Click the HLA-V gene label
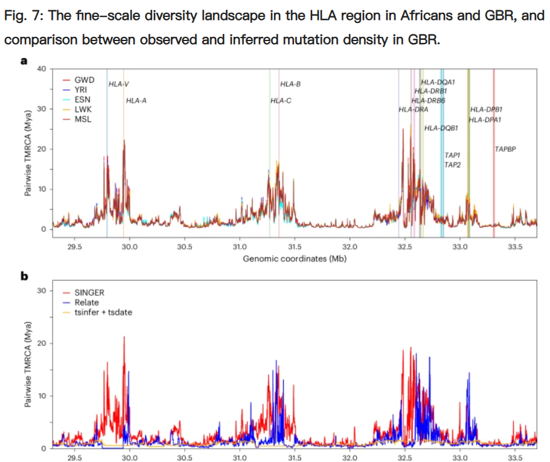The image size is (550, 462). (x=119, y=84)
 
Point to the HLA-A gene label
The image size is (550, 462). (x=136, y=101)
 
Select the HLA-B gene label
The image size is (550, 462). (x=290, y=84)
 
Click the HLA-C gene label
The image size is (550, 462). (x=281, y=101)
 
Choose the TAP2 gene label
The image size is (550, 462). (x=452, y=164)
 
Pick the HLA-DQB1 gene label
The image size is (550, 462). (x=441, y=128)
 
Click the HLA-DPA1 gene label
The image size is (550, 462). (x=485, y=120)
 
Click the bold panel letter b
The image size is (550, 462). (x=25, y=277)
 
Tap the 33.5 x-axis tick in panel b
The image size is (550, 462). (x=515, y=458)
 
